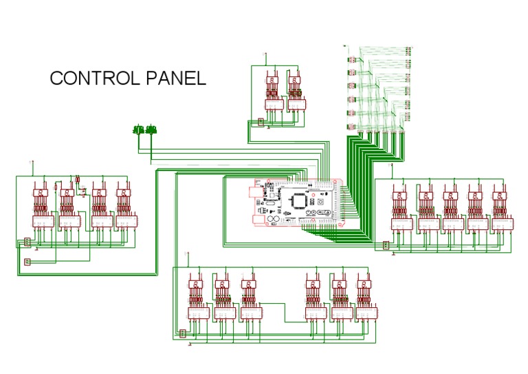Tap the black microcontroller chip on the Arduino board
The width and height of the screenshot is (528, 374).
point(300,201)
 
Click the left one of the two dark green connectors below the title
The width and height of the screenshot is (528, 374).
point(139,129)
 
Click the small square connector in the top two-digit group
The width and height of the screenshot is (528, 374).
point(261,123)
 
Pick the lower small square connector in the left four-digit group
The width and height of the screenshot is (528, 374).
point(27,262)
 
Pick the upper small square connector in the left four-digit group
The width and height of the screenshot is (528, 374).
point(27,242)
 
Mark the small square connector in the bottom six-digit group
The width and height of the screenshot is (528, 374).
point(182,334)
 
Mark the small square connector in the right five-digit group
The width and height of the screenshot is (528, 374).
point(386,245)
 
